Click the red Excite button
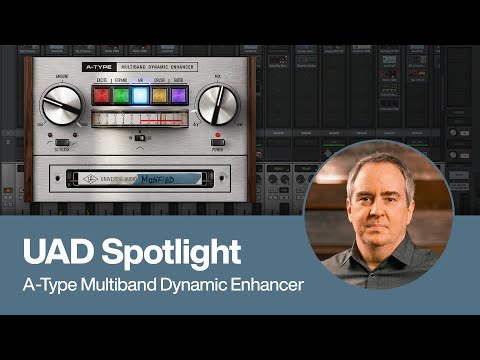[x=101, y=96]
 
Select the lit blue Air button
[x=140, y=96]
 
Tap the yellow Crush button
[x=160, y=96]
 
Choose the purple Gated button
[x=179, y=96]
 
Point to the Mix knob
[x=218, y=104]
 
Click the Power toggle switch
[x=217, y=142]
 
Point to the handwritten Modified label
[x=153, y=179]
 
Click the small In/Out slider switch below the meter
[x=140, y=137]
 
